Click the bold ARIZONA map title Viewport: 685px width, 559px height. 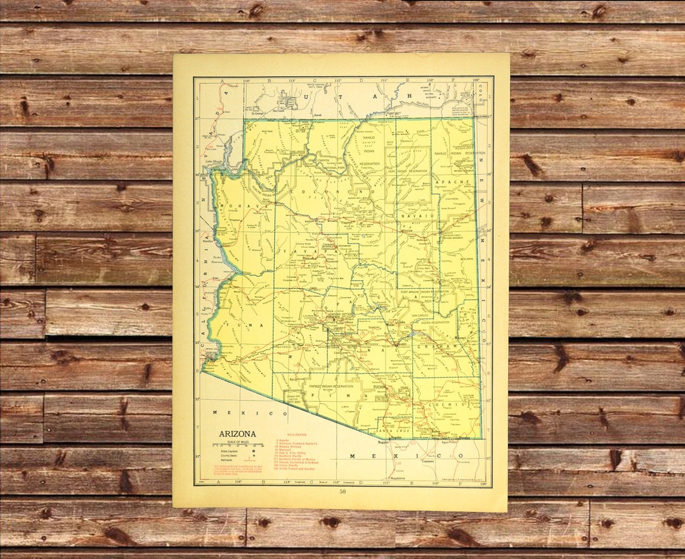coord(238,434)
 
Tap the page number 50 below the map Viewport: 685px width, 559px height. coord(342,492)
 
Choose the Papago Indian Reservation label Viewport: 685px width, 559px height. coord(330,386)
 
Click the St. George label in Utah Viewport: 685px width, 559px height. coord(257,115)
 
